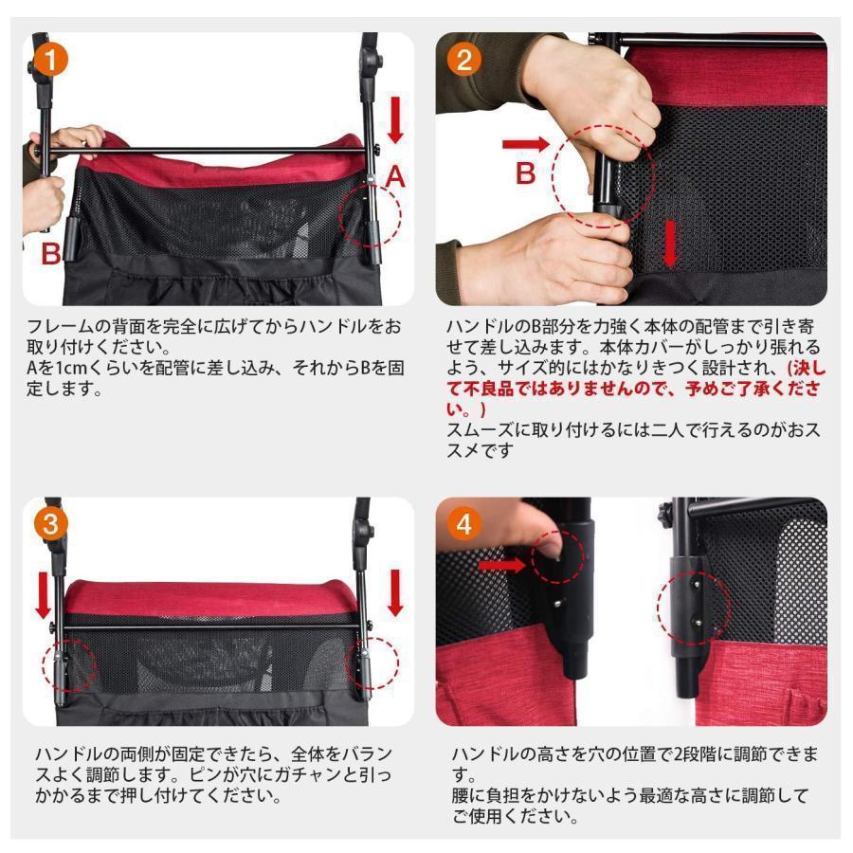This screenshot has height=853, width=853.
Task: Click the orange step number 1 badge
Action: tap(52, 62)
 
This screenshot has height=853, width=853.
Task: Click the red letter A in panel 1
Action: tap(395, 177)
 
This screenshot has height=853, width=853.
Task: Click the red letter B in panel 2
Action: tap(526, 174)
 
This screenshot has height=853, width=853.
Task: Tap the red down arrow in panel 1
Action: tap(395, 120)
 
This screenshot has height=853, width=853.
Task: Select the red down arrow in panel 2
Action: tap(671, 245)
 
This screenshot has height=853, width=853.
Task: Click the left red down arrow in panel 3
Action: tap(43, 591)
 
